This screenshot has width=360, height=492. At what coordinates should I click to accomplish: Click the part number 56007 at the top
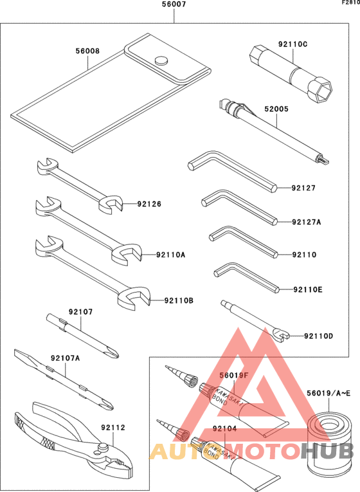[174, 5]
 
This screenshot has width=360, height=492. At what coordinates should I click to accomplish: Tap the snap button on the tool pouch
[160, 61]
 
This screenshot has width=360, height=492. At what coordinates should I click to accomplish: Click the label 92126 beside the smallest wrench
[148, 205]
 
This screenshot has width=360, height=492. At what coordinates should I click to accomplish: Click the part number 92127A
[306, 222]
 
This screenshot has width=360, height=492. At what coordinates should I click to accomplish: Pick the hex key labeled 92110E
[244, 277]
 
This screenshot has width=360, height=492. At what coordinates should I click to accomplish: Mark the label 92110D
[319, 336]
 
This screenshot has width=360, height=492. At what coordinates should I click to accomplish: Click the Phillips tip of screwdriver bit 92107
[114, 352]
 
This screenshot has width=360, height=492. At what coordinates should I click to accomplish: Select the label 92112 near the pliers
[113, 426]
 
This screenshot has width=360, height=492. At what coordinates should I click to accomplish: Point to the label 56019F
[233, 376]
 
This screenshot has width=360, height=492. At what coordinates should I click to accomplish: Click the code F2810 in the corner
[350, 3]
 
